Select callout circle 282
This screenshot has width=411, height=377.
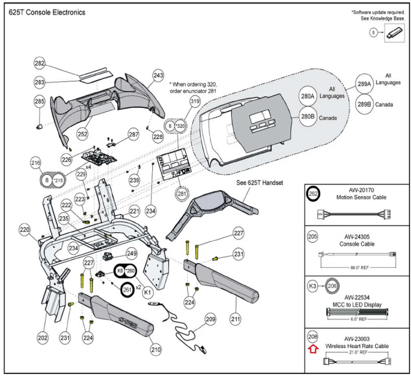pyautogui.click(x=40, y=63)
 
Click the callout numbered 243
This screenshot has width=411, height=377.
pyautogui.click(x=158, y=75)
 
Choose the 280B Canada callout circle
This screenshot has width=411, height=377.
pyautogui.click(x=308, y=116)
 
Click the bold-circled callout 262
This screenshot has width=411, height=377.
pyautogui.click(x=313, y=194)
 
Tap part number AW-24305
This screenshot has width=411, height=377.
pyautogui.click(x=357, y=237)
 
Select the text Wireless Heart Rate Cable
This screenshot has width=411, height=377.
pyautogui.click(x=357, y=346)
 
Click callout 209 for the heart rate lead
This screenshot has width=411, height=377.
pyautogui.click(x=210, y=319)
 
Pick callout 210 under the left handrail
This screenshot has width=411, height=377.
pyautogui.click(x=155, y=350)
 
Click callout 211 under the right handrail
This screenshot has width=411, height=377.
pyautogui.click(x=235, y=319)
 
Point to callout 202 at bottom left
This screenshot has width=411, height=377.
pyautogui.click(x=43, y=338)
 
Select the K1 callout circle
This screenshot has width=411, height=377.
pyautogui.click(x=147, y=292)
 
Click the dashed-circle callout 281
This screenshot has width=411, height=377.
pyautogui.click(x=182, y=194)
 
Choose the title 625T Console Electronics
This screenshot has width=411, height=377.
pyautogui.click(x=47, y=12)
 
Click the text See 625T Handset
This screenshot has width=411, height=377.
pyautogui.click(x=260, y=183)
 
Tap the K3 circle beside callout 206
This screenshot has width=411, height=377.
pyautogui.click(x=313, y=286)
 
